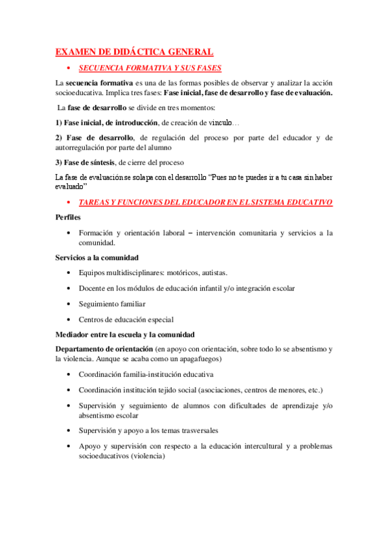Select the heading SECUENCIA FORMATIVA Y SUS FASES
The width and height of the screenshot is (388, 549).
pos(150,67)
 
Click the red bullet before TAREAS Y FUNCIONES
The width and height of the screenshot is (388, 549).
pos(69,203)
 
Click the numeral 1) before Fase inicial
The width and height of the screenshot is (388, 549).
pos(59,122)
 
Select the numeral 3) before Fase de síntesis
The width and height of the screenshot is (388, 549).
pos(59,162)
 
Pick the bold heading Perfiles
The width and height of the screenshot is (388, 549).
pos(69,217)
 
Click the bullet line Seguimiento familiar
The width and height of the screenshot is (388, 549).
pos(111,304)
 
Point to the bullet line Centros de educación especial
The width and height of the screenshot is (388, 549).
pos(126,319)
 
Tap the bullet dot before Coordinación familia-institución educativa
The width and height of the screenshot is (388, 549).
pos(69,375)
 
